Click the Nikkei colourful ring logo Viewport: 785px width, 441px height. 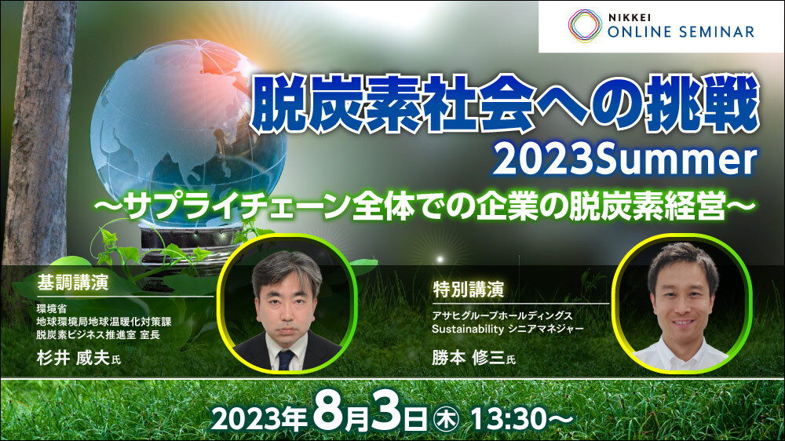click(x=585, y=25)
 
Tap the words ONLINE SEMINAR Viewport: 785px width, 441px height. click(x=681, y=32)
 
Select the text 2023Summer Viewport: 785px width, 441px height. click(x=624, y=160)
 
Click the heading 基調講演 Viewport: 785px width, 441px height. click(x=72, y=282)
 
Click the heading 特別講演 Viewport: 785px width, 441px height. click(x=469, y=290)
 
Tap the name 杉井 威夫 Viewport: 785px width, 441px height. click(x=73, y=358)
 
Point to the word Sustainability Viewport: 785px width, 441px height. click(x=468, y=330)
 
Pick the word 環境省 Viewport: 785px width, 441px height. click(x=51, y=309)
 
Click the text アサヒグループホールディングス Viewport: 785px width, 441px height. click(x=502, y=316)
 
